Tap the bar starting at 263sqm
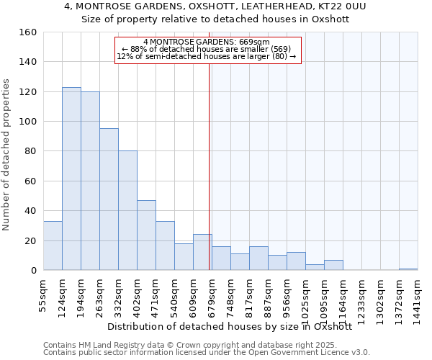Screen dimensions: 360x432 pos(109,199)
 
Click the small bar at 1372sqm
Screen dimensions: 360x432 pos(408,269)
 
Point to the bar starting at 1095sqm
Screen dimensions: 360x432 pos(333,265)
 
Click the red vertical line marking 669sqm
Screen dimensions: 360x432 pos(210,166)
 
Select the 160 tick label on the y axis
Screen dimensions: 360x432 pos(27,32)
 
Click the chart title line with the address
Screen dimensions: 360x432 pos(215,6)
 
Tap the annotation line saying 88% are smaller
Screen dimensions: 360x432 pos(207,49)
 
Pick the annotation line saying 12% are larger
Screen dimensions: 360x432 pos(207,56)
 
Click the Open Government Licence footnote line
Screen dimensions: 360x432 pos(206,352)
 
